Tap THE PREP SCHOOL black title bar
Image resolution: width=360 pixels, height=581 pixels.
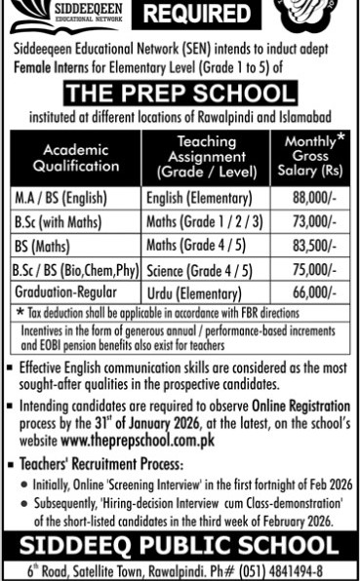click(180, 94)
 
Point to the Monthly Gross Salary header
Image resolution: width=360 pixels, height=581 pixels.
click(310, 155)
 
